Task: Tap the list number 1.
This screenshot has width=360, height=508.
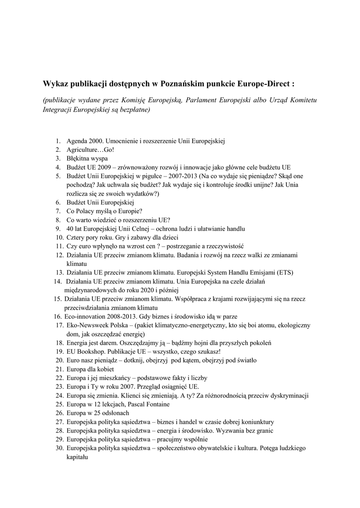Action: tap(58, 141)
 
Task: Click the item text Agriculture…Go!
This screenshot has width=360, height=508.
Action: tap(86, 149)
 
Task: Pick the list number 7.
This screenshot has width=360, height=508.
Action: tap(58, 211)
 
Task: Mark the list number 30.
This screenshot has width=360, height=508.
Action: tap(58, 448)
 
